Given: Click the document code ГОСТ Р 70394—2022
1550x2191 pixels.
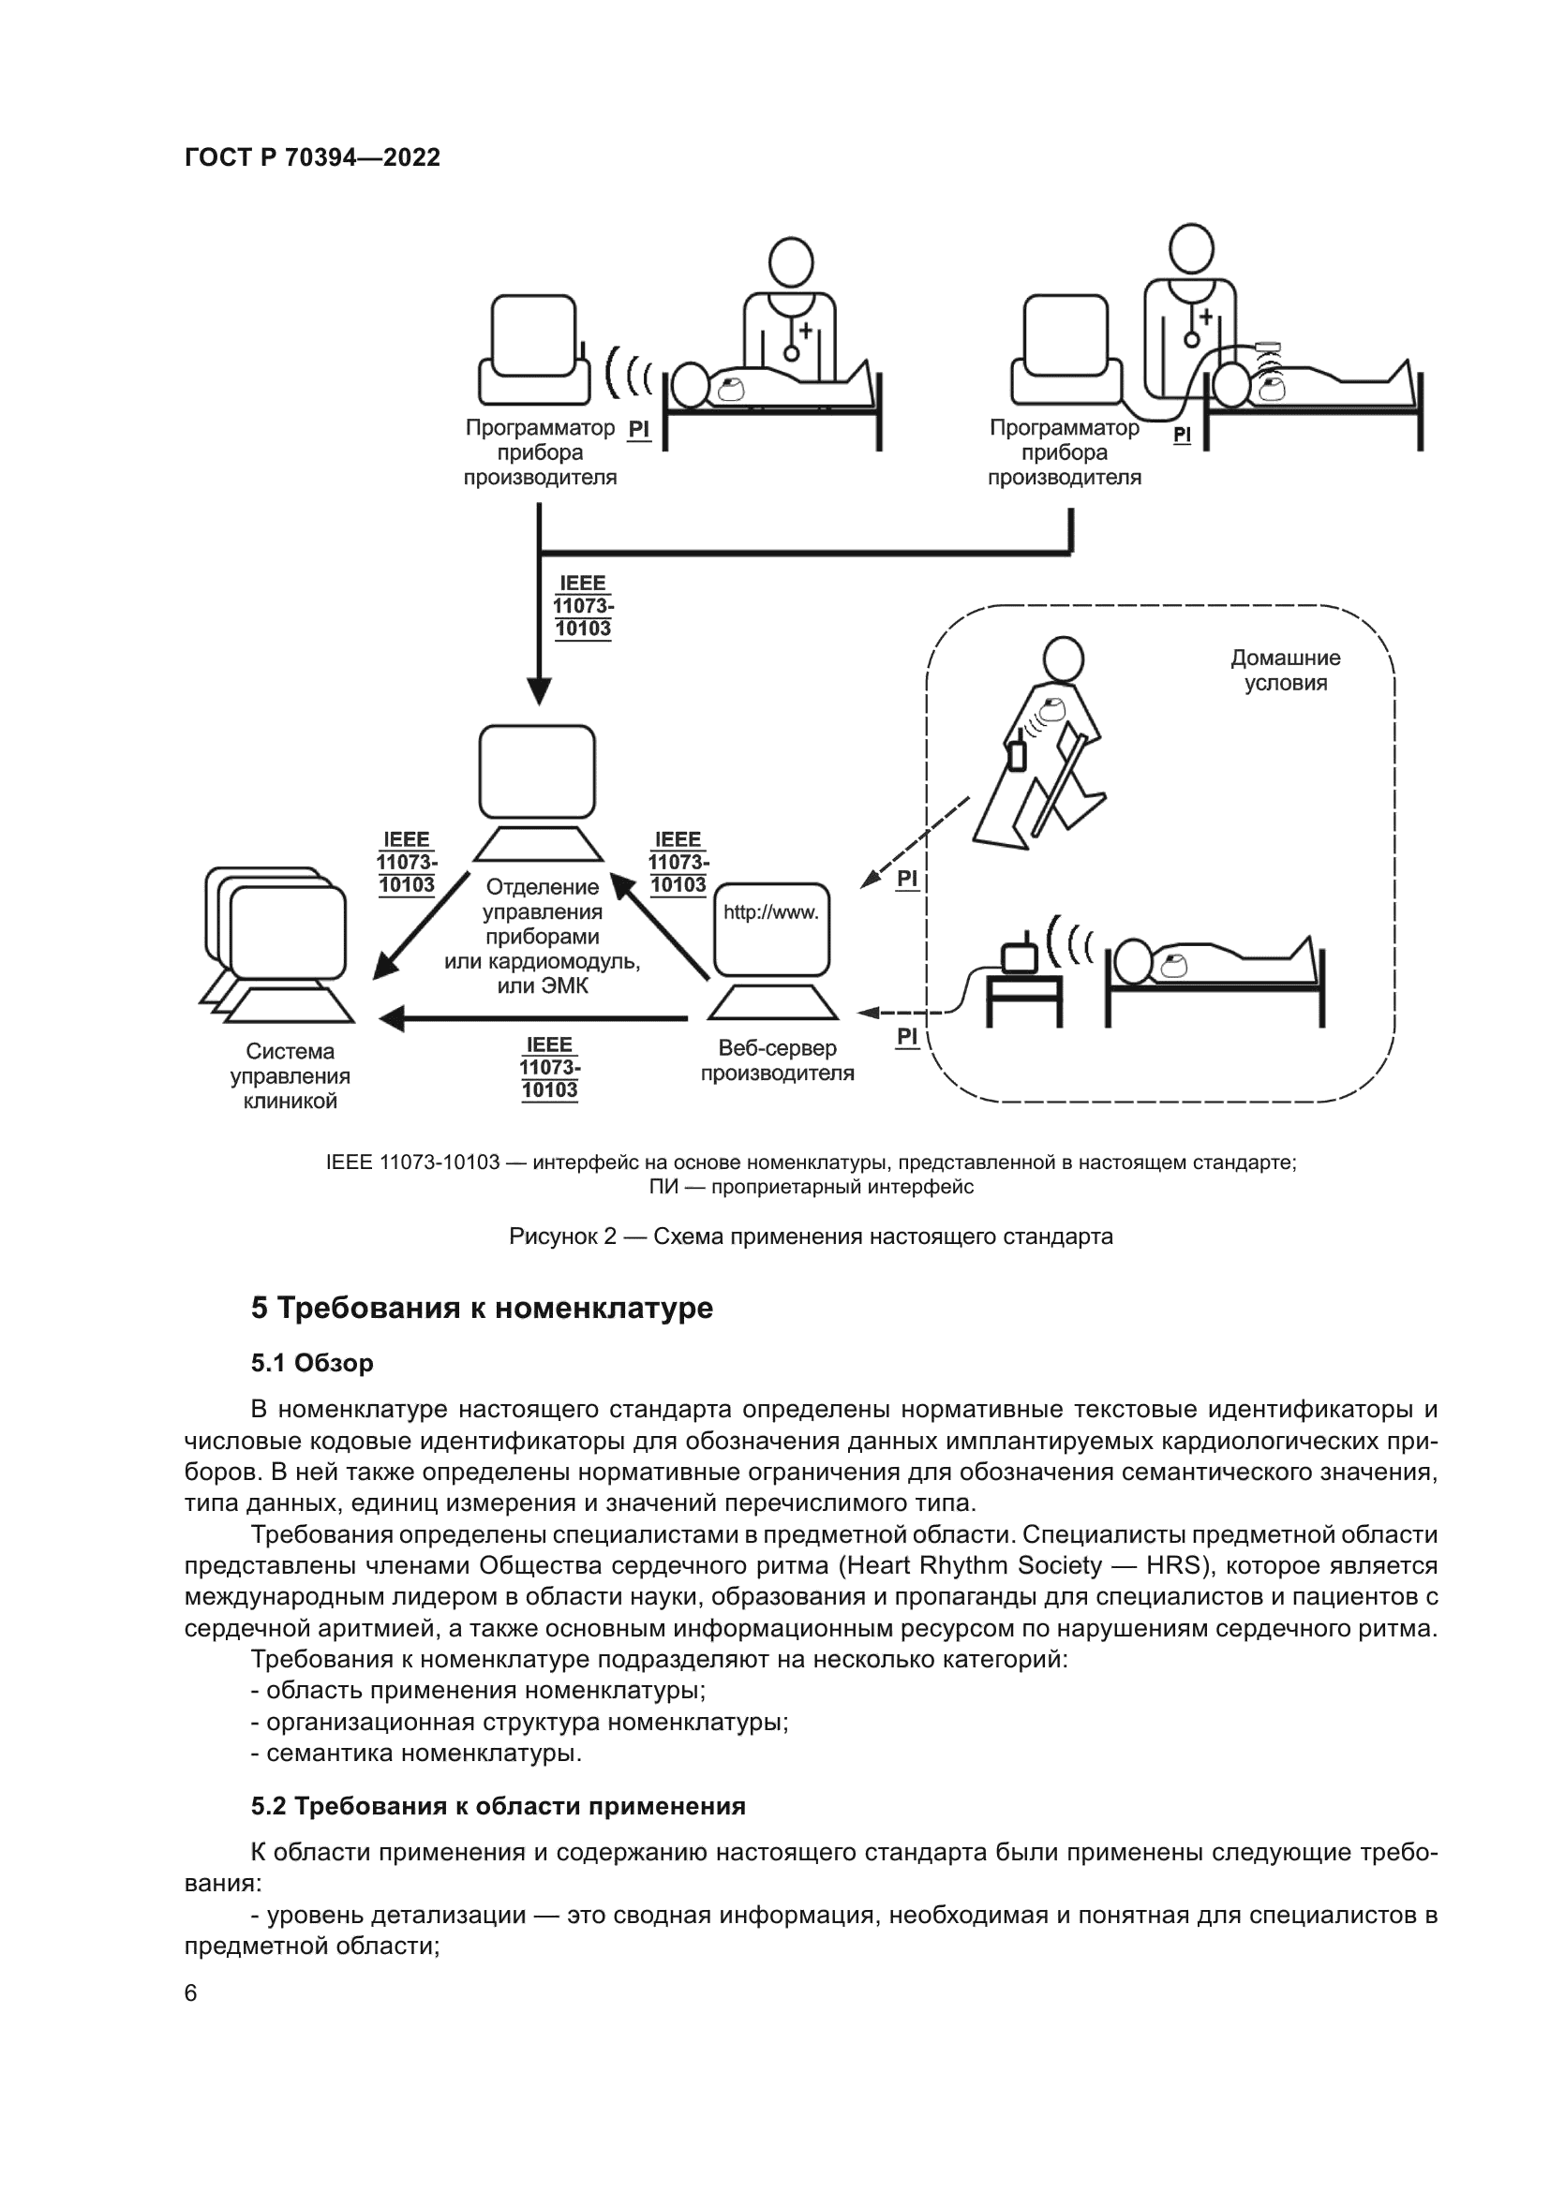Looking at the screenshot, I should point(312,157).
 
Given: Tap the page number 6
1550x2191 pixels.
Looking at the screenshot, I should point(191,1992).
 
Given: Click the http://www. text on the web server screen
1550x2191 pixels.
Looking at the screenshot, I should point(770,912).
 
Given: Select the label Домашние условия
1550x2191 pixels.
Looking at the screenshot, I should point(1285,670).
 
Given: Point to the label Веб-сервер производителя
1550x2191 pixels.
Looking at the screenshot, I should point(777,1060).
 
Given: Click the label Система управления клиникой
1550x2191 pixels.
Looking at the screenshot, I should point(291,1076).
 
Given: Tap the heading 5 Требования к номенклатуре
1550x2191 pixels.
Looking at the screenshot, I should point(482,1308).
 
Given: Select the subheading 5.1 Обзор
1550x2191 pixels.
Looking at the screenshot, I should point(312,1363).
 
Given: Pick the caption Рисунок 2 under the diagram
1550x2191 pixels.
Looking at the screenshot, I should point(811,1236).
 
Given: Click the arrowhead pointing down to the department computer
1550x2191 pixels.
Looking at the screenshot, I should point(539,691).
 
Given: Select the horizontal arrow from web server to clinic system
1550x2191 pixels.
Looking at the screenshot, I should point(534,1019).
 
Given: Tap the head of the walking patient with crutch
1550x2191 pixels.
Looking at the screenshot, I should point(1062,659).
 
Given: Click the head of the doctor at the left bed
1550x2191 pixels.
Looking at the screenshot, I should point(790,260).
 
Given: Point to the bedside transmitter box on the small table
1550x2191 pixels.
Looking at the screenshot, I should point(1019,956).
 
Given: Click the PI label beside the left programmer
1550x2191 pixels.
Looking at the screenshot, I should point(638,429).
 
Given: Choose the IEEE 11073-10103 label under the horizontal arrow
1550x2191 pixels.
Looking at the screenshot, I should point(550,1068).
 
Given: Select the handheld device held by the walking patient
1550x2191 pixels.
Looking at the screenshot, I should point(1018,754).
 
